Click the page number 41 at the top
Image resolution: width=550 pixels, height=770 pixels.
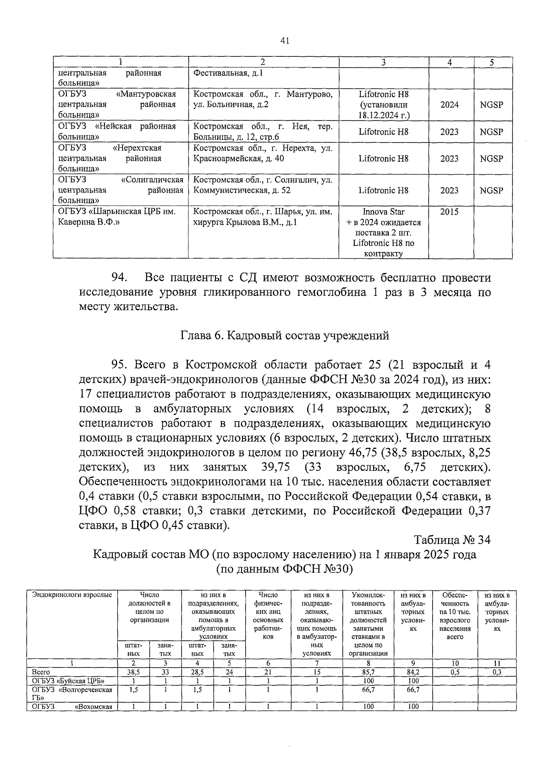pyautogui.click(x=284, y=41)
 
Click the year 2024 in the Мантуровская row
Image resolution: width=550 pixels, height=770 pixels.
pyautogui.click(x=449, y=105)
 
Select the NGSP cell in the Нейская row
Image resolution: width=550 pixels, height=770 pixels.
pyautogui.click(x=491, y=132)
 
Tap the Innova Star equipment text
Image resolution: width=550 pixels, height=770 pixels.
pyautogui.click(x=384, y=212)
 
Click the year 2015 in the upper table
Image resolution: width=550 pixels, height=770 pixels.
pyautogui.click(x=449, y=212)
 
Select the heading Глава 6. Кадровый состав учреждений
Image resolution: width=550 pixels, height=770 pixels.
pyautogui.click(x=284, y=336)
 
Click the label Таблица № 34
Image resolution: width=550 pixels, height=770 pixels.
pyautogui.click(x=452, y=540)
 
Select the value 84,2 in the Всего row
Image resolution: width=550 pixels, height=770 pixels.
pyautogui.click(x=413, y=672)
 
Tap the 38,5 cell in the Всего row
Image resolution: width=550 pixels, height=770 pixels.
pyautogui.click(x=133, y=672)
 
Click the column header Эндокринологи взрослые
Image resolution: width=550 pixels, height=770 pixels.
pyautogui.click(x=72, y=595)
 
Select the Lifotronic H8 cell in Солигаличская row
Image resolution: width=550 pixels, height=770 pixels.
pyautogui.click(x=384, y=190)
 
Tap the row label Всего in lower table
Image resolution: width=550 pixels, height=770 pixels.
pyautogui.click(x=41, y=672)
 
